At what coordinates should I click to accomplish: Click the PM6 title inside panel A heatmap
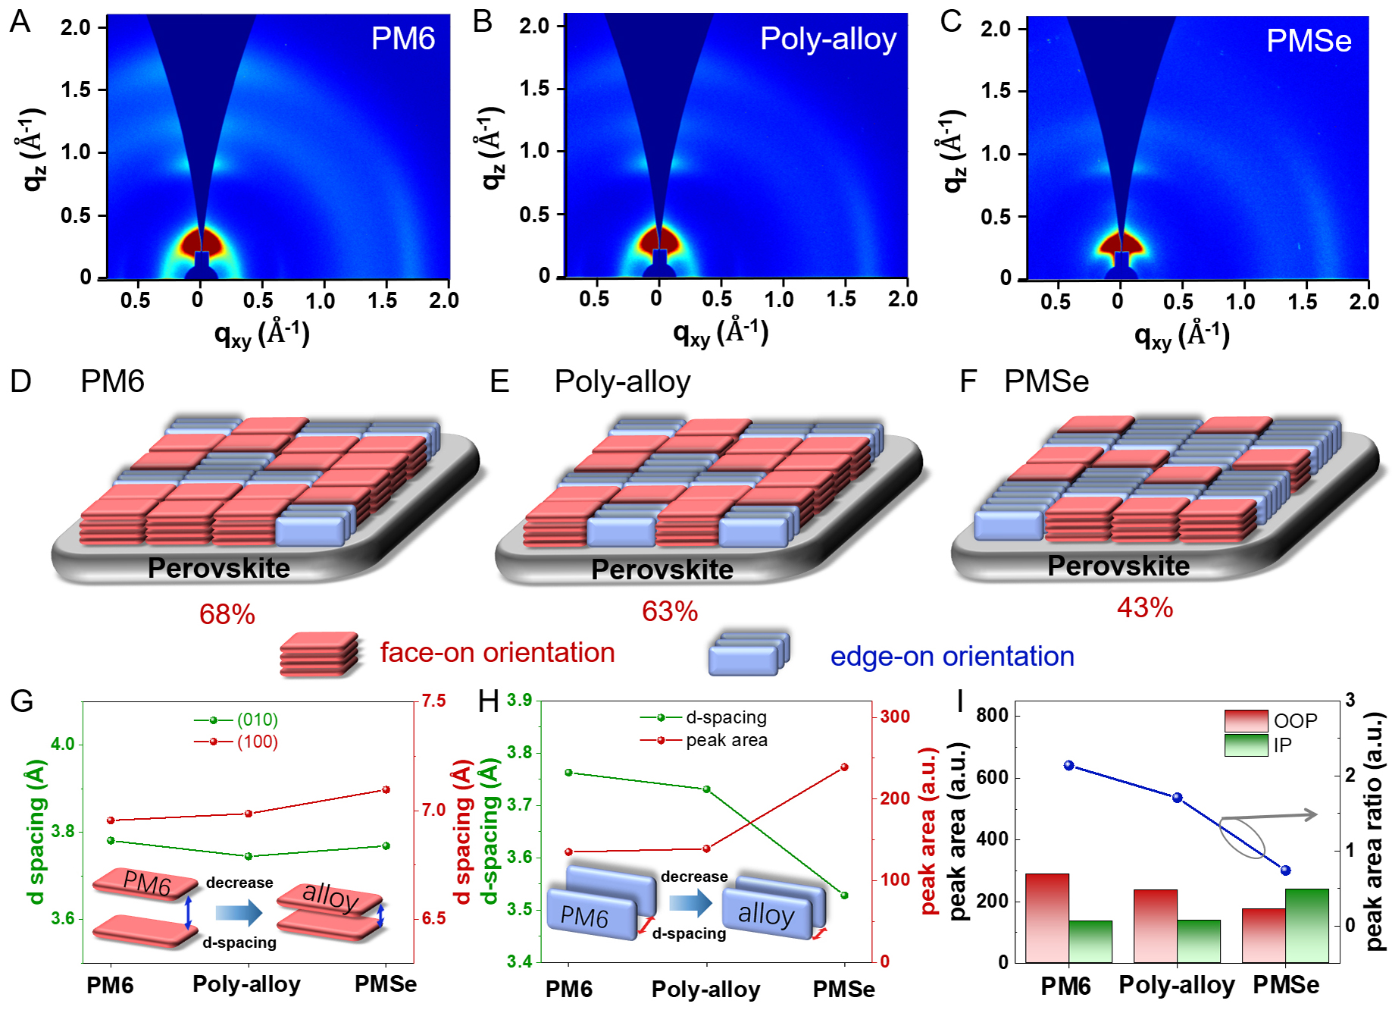402,39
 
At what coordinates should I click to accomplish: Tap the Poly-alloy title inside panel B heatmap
827,39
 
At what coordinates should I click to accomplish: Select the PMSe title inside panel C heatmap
1309,41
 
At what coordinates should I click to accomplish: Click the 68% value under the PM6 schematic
227,614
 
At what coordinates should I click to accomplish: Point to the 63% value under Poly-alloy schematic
669,611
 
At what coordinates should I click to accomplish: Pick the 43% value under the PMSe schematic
1144,607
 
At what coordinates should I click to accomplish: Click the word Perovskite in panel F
1118,566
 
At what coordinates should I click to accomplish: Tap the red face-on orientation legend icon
319,654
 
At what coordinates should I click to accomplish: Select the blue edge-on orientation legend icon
749,654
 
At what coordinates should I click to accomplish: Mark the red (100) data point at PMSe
386,789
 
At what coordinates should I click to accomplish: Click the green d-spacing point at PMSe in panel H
845,896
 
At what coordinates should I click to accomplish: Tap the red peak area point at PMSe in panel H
845,767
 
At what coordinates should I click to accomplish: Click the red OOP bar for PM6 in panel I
1046,917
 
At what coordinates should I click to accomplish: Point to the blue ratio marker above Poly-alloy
1177,798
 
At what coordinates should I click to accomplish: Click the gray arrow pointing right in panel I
1288,815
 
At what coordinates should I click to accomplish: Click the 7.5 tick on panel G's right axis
433,701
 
